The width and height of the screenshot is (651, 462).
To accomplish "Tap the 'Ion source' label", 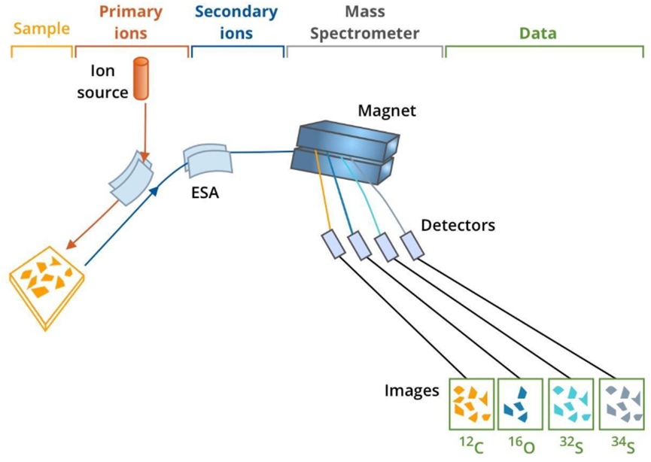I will pyautogui.click(x=105, y=82).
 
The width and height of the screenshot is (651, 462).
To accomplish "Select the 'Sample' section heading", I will pyautogui.click(x=41, y=29).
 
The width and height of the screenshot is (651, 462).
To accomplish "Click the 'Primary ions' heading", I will pyautogui.click(x=131, y=23).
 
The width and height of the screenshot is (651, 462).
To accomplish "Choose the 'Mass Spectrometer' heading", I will pyautogui.click(x=364, y=23).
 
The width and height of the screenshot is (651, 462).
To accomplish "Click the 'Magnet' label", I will pyautogui.click(x=387, y=111).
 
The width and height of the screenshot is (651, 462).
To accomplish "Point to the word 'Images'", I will pyautogui.click(x=412, y=391).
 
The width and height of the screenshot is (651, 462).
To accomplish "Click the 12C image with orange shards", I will pyautogui.click(x=471, y=404).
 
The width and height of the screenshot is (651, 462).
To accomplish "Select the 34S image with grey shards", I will pyautogui.click(x=622, y=404).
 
